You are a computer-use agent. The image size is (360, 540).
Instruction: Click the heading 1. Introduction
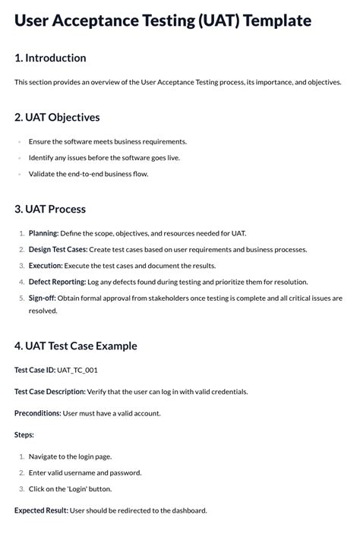(50, 58)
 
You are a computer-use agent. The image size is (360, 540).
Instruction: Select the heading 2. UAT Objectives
(57, 117)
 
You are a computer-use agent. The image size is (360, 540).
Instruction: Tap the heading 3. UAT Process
(50, 209)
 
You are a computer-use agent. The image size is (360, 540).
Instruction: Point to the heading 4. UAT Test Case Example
(76, 346)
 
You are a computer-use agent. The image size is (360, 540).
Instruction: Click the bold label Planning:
(43, 233)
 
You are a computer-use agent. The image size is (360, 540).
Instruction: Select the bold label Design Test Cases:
(58, 249)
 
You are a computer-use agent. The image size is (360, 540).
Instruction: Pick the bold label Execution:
(46, 266)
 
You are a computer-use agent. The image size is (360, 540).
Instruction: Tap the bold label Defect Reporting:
(58, 282)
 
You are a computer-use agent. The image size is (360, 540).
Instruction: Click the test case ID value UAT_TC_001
(77, 370)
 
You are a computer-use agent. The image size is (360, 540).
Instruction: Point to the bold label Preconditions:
(38, 413)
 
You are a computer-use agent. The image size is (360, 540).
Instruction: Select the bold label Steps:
(24, 434)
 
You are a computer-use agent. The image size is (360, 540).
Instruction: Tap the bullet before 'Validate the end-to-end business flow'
(19, 174)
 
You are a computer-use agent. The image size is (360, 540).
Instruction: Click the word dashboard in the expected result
(187, 510)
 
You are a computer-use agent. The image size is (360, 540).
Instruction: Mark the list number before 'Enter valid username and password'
(21, 472)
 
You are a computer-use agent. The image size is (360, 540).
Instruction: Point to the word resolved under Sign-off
(43, 311)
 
